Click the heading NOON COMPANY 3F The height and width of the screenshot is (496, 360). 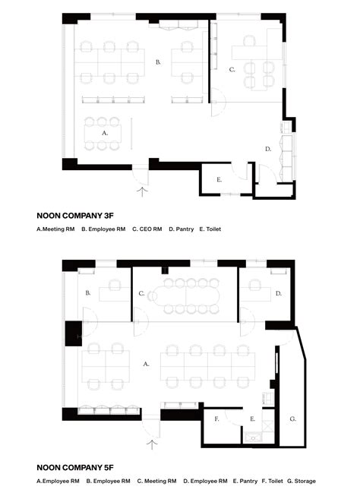(x=75, y=216)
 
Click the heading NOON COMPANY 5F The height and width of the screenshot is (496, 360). (x=75, y=468)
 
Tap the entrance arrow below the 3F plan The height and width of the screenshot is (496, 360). (x=142, y=192)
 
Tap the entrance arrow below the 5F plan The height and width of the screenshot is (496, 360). (x=152, y=444)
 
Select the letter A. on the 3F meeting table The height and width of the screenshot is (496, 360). (x=105, y=133)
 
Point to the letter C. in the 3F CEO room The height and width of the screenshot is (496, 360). (x=232, y=70)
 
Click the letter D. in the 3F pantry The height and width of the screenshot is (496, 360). (x=268, y=149)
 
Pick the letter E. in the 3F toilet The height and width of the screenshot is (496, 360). (x=219, y=180)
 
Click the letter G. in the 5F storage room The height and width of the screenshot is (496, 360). (x=292, y=419)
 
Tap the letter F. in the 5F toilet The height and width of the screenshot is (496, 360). (x=216, y=419)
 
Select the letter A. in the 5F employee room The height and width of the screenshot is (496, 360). (x=146, y=364)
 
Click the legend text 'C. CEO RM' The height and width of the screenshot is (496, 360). (x=147, y=229)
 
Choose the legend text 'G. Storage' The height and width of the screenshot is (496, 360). (x=302, y=481)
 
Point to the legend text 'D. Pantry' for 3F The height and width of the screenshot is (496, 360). (x=182, y=229)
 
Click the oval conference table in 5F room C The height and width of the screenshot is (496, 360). (x=186, y=296)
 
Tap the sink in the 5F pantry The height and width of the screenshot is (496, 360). (x=253, y=438)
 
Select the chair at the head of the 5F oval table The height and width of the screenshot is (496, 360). (x=152, y=296)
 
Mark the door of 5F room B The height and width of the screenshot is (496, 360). (x=90, y=322)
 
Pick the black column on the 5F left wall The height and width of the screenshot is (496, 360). (x=74, y=333)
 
